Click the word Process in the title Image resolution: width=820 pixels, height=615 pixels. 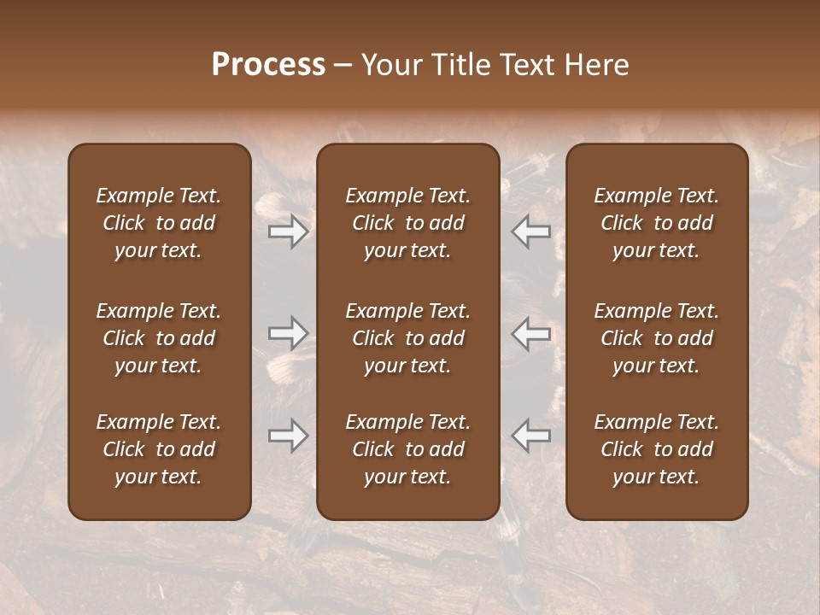pos(268,65)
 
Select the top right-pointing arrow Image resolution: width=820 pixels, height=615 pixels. pos(289,231)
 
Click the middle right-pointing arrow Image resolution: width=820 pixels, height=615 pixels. pos(289,333)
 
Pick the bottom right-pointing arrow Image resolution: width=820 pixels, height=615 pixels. pos(289,436)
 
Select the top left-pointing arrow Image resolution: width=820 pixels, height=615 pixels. pos(531,231)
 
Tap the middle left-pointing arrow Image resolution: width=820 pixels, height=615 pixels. pos(531,333)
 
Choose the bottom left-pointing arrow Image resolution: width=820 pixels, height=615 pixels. pos(531,436)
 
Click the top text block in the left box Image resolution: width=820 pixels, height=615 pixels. pos(159,223)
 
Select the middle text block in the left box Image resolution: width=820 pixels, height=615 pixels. pos(159,338)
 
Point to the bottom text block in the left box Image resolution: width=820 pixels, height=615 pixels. pos(159,449)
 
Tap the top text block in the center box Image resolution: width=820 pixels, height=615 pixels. pos(408,223)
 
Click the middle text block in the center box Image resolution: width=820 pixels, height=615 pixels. pos(408,338)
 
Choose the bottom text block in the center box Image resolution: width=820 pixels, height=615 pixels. pos(408,449)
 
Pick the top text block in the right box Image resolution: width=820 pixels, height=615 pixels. pos(657,223)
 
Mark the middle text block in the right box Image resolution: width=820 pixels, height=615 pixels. pos(657,338)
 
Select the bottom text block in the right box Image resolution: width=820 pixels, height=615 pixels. pos(657,449)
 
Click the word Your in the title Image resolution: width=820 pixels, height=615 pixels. pos(389,65)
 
